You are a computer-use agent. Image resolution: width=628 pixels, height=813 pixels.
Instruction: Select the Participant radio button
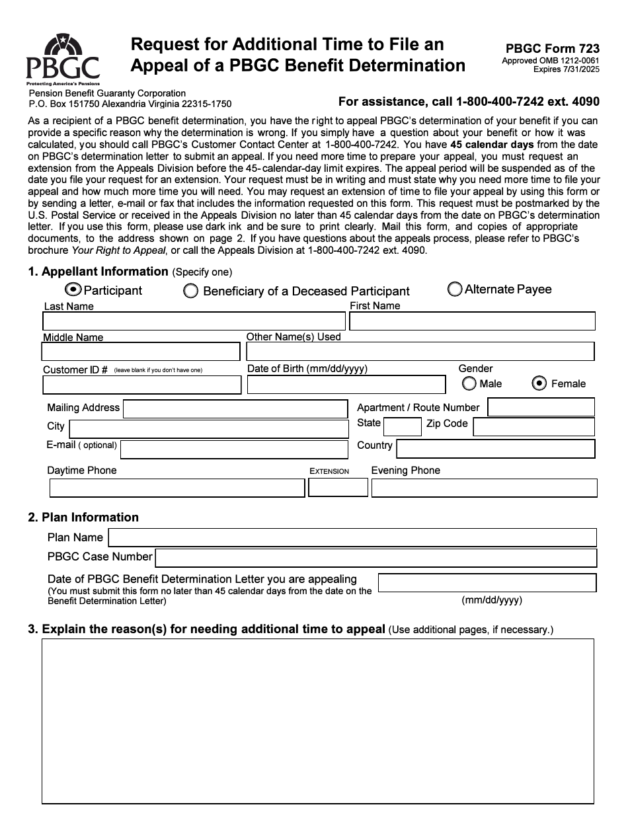tap(73, 290)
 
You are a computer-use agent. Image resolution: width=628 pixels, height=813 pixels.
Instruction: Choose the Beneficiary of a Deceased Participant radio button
tap(190, 291)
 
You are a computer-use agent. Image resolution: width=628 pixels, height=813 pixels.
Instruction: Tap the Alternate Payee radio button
tap(455, 290)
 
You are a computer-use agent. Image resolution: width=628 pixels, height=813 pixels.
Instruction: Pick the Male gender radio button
tap(469, 383)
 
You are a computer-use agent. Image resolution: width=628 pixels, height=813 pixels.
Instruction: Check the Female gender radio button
tap(539, 383)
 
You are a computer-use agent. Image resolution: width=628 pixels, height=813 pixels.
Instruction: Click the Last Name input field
tap(194, 321)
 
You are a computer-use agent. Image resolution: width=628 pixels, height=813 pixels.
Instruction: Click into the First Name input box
tap(472, 321)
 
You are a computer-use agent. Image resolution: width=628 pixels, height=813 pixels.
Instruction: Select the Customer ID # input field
tap(142, 385)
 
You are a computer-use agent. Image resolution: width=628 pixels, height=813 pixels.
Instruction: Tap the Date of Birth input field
tap(346, 385)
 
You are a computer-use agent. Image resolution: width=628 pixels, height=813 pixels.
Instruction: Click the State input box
tap(402, 427)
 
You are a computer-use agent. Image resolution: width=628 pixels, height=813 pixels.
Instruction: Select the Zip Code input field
tap(533, 427)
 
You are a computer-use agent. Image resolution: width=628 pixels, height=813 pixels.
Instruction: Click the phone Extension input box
tap(338, 488)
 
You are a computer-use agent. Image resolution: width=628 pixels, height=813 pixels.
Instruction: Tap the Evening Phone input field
tap(484, 488)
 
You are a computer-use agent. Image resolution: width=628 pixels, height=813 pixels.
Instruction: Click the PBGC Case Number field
tap(375, 557)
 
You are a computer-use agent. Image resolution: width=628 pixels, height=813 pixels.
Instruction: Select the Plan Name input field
tap(352, 537)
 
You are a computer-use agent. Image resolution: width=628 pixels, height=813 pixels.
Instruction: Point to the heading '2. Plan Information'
tap(83, 517)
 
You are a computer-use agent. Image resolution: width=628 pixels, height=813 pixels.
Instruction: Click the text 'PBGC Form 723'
tap(553, 48)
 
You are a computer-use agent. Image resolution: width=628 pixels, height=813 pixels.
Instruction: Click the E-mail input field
tap(234, 449)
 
